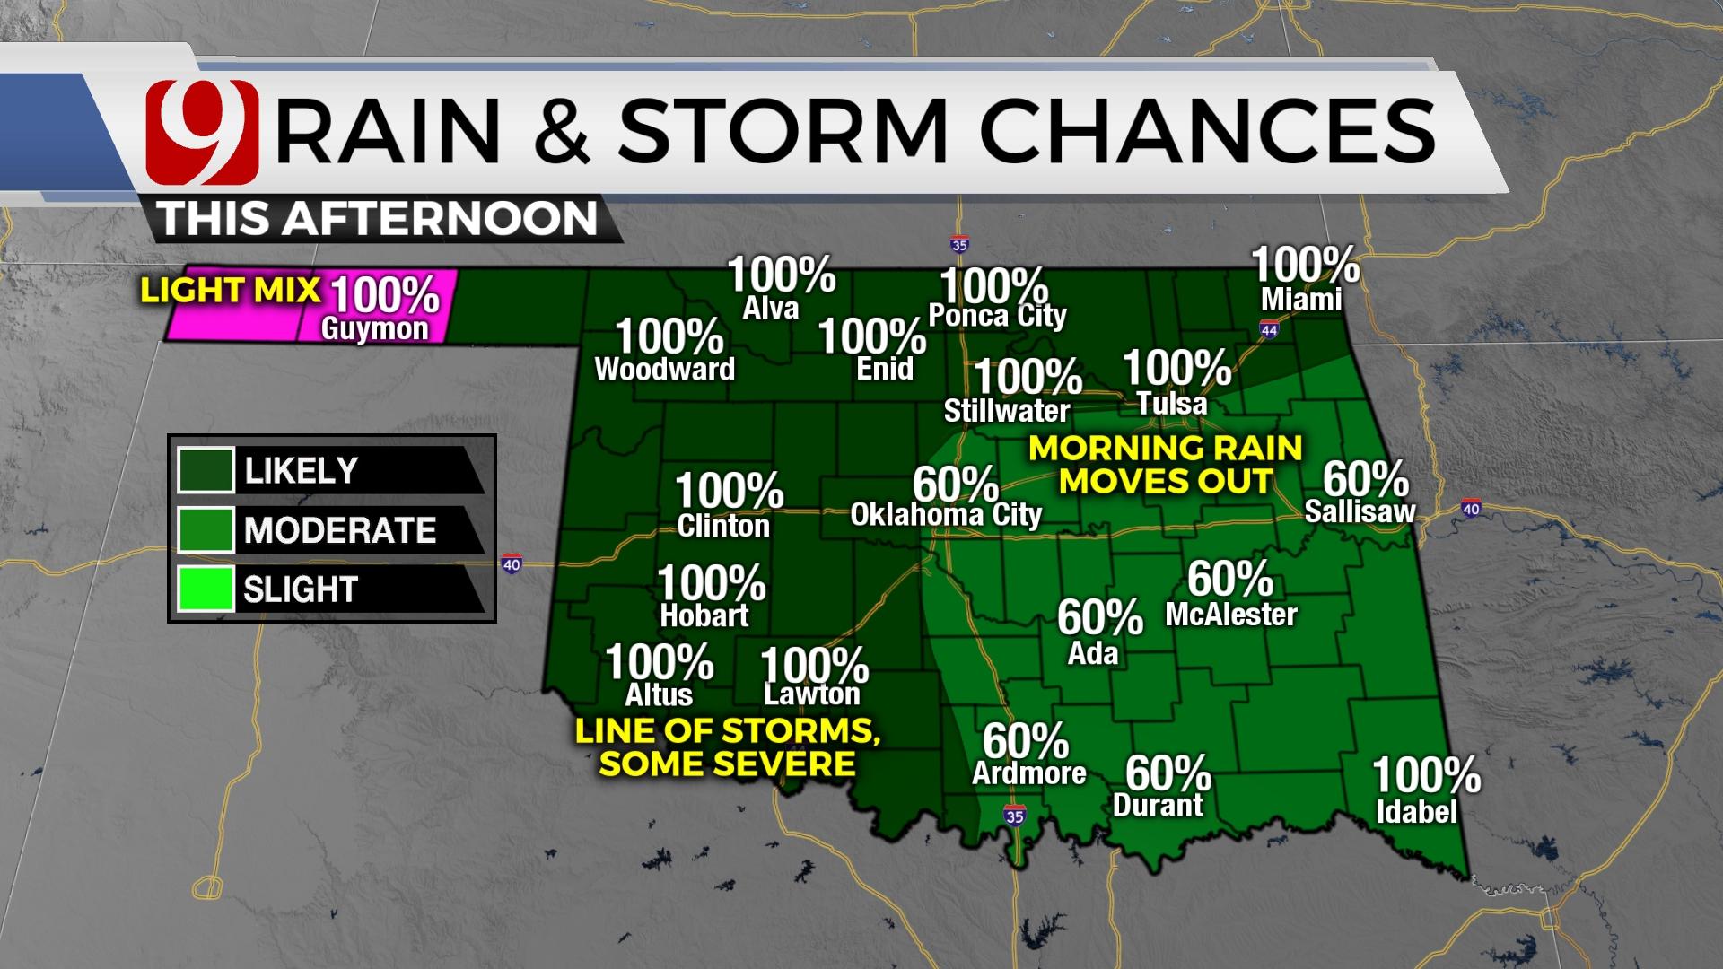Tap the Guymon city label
tap(375, 329)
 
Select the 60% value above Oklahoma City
tap(955, 484)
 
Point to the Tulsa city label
tap(1172, 404)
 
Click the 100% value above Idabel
tap(1426, 775)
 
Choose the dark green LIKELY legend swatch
tap(206, 470)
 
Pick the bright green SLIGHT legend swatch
tap(206, 589)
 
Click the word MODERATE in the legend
tap(340, 530)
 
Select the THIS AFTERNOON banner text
tap(378, 219)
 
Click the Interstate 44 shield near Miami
tap(1269, 330)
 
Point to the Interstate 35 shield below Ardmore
tap(1014, 816)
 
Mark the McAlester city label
tap(1231, 615)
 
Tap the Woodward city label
tap(665, 370)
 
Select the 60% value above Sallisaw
tap(1365, 479)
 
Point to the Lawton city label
tap(812, 694)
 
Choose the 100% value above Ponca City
tap(993, 286)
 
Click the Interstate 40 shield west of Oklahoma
tap(511, 565)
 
